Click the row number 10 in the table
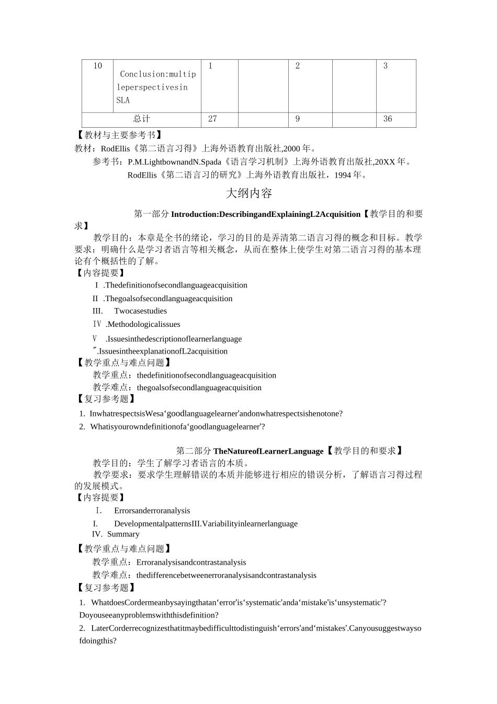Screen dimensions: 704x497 click(x=98, y=66)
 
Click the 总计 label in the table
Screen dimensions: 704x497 click(x=141, y=119)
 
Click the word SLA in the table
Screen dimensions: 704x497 click(x=123, y=100)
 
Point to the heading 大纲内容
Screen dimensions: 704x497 click(x=249, y=193)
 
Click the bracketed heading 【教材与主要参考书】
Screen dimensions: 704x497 click(x=119, y=135)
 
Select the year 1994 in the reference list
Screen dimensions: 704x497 click(x=342, y=175)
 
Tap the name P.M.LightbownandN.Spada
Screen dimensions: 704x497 click(x=175, y=162)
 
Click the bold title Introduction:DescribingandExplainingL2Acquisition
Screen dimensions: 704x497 click(x=266, y=214)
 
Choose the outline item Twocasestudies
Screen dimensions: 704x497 click(x=140, y=311)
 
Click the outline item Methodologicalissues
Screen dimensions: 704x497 click(x=144, y=324)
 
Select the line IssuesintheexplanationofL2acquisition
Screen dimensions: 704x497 click(x=163, y=351)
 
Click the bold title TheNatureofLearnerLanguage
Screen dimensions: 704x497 click(x=268, y=451)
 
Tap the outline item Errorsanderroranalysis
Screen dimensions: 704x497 click(x=152, y=511)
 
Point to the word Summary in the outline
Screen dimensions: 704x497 click(x=123, y=534)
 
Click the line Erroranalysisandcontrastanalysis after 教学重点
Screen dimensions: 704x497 click(x=191, y=563)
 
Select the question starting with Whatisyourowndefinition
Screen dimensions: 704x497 click(x=177, y=427)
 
